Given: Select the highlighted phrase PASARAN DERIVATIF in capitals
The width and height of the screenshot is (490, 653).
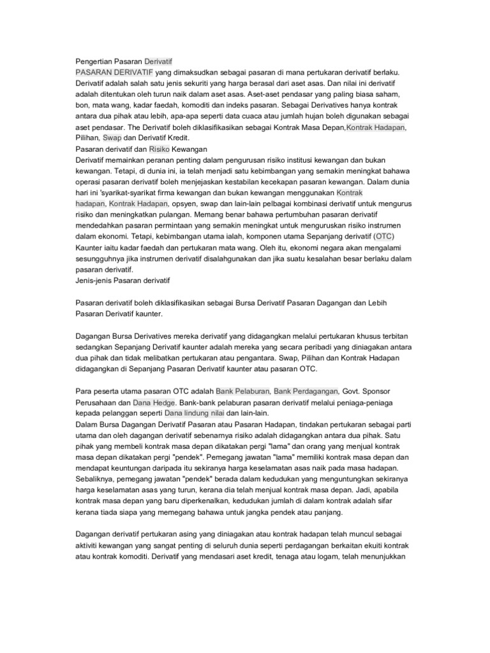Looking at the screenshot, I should (114, 73).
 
